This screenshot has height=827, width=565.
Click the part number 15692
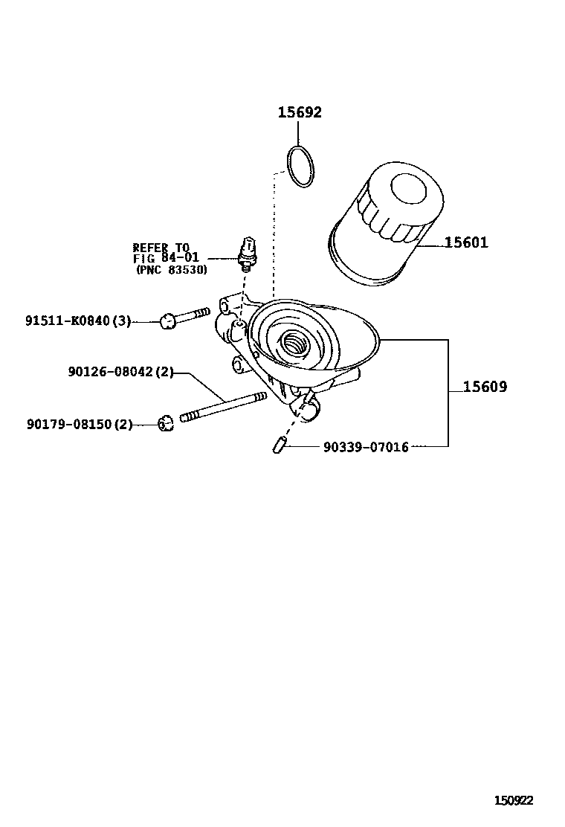[300, 112]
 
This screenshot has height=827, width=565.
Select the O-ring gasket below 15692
[300, 167]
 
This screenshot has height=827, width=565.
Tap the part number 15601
[466, 242]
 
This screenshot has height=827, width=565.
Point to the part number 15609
[485, 387]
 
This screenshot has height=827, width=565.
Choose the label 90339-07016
[366, 447]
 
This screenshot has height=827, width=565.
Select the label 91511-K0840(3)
[78, 321]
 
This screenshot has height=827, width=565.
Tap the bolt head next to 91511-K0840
[168, 321]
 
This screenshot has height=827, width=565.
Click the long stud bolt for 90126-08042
[223, 407]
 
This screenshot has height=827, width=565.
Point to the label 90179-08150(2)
[80, 424]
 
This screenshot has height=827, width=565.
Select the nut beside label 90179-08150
[166, 424]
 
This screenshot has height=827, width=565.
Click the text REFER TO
[161, 248]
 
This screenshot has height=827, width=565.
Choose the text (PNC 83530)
[171, 270]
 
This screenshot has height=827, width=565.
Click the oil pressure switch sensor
[248, 253]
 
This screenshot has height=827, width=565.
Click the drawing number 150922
[514, 800]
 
